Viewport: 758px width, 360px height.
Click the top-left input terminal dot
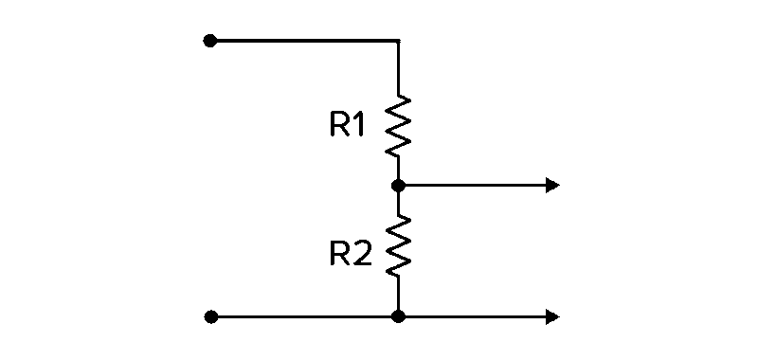tap(210, 41)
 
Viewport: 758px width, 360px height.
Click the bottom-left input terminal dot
tap(210, 316)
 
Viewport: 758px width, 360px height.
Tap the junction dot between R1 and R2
tap(398, 185)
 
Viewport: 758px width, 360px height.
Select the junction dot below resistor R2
tap(398, 316)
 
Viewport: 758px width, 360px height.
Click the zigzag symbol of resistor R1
tap(398, 126)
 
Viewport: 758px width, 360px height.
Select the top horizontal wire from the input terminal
tap(303, 41)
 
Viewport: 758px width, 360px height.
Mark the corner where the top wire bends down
tap(398, 42)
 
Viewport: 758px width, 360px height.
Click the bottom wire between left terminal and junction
tap(303, 316)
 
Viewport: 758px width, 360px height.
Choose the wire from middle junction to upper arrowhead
tap(474, 185)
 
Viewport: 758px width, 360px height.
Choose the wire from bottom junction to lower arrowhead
tap(474, 316)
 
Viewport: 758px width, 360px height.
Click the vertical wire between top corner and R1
tap(398, 68)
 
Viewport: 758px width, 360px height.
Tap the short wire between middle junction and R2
tap(398, 203)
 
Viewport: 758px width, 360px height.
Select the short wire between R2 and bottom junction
tap(398, 294)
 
